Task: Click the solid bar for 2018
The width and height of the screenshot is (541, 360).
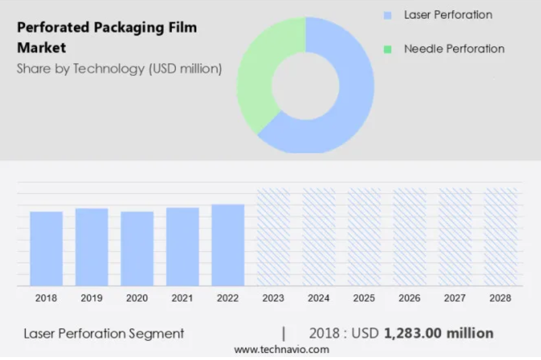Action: click(46, 249)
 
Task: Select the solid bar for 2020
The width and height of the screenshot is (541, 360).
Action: click(137, 249)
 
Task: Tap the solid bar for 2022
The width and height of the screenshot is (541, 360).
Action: click(228, 246)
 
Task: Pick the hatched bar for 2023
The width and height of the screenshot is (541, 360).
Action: click(274, 237)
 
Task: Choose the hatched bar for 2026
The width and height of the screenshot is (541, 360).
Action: click(409, 237)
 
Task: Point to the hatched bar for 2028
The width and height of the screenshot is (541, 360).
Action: click(501, 237)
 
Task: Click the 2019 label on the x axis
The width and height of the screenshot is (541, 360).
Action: click(91, 298)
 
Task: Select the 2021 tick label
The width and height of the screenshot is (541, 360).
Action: click(182, 298)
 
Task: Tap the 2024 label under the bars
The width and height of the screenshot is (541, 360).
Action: click(318, 298)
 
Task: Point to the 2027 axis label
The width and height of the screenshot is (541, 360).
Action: click(454, 298)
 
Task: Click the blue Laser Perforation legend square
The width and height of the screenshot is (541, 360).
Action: click(388, 15)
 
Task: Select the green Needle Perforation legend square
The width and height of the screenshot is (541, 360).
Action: click(388, 49)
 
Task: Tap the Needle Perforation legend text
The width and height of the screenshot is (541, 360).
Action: click(454, 49)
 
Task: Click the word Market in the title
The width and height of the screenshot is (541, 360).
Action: click(41, 47)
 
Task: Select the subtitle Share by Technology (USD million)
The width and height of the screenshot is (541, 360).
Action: click(119, 69)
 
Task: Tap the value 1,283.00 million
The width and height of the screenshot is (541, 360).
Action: click(438, 333)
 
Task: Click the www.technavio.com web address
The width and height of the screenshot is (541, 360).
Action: click(281, 350)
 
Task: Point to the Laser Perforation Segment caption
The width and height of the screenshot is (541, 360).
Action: click(104, 334)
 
